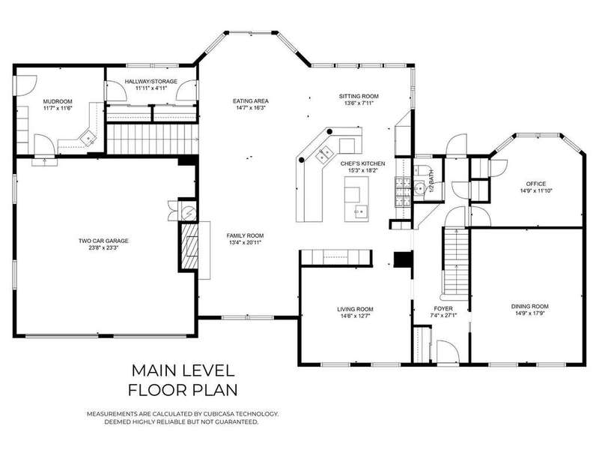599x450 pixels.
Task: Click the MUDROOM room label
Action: pos(58,101)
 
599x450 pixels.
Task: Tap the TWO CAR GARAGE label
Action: pos(103,241)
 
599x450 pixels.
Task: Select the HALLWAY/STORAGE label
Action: pos(151,82)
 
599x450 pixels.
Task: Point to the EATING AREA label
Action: pos(251,101)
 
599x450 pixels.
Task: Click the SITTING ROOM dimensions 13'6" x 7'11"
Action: pos(359,103)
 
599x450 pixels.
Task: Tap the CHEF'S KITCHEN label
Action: pos(363,163)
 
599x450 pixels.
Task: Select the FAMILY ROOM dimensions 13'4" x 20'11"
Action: pos(245,242)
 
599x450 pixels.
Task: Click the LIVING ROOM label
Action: pos(355,309)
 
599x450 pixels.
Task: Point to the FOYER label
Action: pos(443,308)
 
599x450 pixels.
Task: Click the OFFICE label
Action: pos(536,184)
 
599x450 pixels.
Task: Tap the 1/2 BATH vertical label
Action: pos(432,181)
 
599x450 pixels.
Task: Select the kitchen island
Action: pos(357,199)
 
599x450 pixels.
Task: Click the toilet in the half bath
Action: pos(422,169)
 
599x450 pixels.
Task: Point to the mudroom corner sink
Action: pos(88,136)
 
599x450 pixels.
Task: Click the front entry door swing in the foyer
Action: pos(447,351)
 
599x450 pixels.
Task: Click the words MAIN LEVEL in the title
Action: pos(183,370)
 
